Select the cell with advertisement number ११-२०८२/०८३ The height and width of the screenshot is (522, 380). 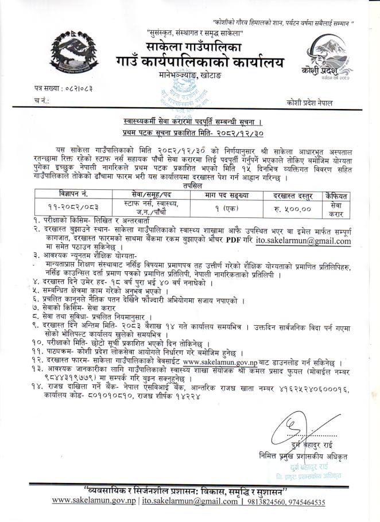click(75, 206)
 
